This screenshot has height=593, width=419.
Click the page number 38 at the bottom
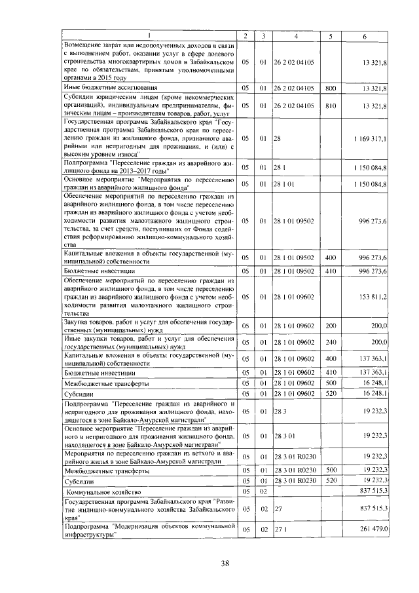[x=225, y=564]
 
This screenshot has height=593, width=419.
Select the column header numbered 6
[x=364, y=35]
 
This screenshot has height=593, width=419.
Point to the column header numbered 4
[x=297, y=35]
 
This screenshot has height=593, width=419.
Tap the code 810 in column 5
[x=331, y=105]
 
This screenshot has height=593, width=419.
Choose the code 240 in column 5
[x=331, y=342]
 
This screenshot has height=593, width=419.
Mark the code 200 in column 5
[x=331, y=326]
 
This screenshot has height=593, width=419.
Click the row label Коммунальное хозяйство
[x=98, y=491]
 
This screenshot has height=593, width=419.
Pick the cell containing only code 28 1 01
[x=285, y=184]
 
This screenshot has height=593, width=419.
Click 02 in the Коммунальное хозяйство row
[x=263, y=491]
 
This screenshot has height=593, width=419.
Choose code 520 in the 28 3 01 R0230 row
[x=331, y=482]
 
